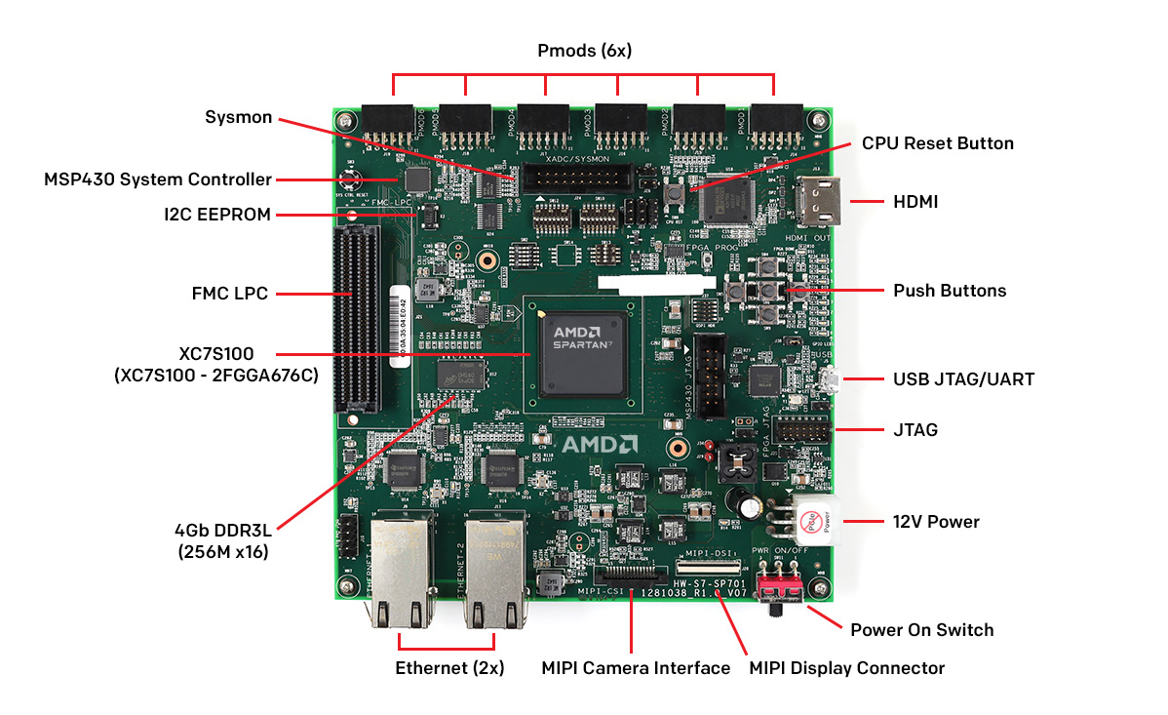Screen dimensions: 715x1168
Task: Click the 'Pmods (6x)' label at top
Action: (x=584, y=51)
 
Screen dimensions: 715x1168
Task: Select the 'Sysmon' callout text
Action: (x=238, y=117)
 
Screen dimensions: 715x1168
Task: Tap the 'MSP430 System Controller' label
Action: (x=158, y=179)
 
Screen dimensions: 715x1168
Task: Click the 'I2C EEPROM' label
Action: (x=217, y=215)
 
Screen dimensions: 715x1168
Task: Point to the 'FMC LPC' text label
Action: (x=230, y=293)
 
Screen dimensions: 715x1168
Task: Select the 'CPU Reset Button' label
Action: (x=937, y=143)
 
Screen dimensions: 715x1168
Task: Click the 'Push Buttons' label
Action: (x=950, y=291)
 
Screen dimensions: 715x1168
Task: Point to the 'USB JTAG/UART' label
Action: (x=963, y=379)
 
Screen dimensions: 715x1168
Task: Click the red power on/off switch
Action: (x=785, y=589)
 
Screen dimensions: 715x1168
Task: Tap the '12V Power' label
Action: (x=936, y=522)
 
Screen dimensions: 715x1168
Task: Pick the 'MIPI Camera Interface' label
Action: (x=636, y=668)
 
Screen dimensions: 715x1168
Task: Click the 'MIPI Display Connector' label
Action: (x=846, y=668)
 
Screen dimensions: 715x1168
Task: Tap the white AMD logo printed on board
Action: (x=599, y=445)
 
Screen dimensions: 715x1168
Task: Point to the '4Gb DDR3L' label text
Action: (x=224, y=532)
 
